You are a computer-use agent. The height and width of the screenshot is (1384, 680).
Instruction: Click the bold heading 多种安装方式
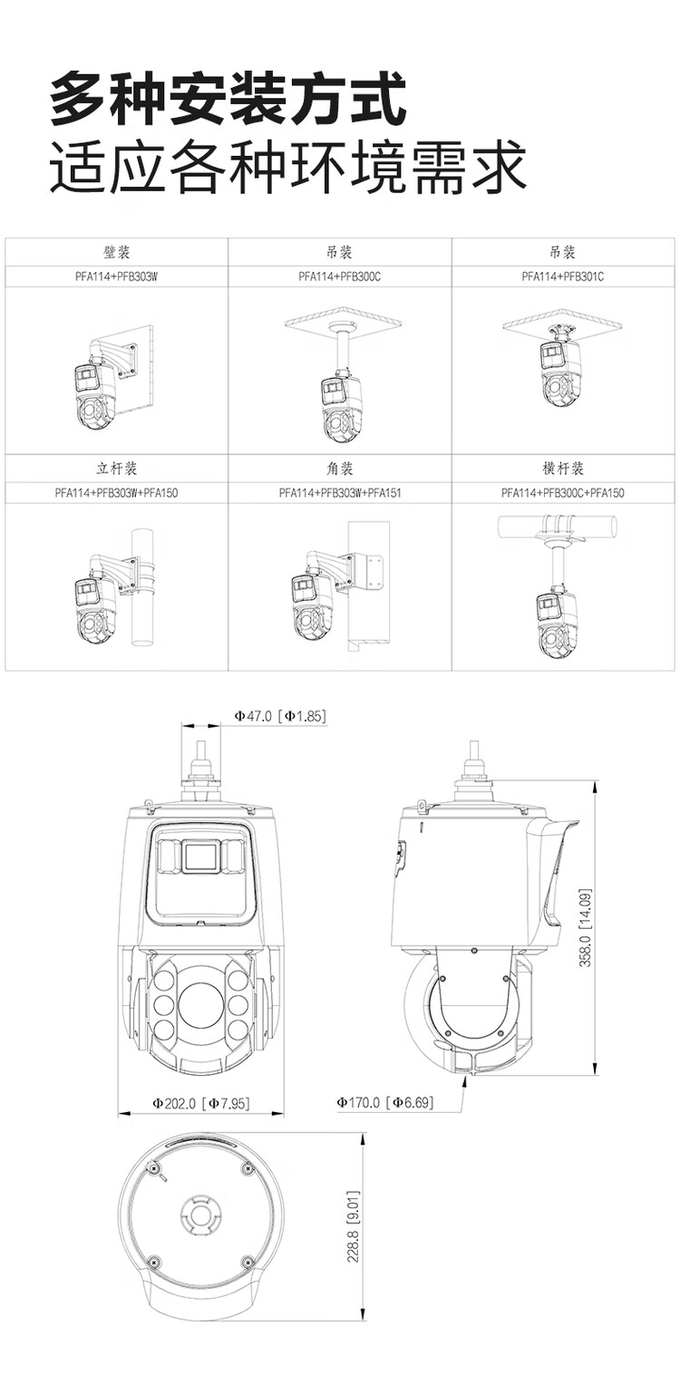click(228, 101)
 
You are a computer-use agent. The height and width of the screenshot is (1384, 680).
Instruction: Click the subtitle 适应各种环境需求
click(287, 167)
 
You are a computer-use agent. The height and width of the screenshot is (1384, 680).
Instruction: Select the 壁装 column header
click(117, 252)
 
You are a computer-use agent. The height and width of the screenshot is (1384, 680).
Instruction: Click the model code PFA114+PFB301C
click(562, 276)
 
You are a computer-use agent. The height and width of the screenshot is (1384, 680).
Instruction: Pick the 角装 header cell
click(339, 469)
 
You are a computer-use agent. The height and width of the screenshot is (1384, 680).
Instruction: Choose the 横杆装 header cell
click(562, 469)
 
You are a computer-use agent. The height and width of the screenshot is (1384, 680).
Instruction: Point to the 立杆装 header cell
click(117, 469)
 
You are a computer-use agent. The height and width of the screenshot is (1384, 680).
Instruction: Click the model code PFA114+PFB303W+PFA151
click(340, 494)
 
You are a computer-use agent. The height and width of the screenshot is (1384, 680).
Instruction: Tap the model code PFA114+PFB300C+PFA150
click(562, 494)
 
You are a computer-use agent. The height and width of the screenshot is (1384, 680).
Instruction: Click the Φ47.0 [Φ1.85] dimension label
click(279, 716)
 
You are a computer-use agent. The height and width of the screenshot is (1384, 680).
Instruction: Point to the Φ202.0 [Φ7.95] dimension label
click(200, 1103)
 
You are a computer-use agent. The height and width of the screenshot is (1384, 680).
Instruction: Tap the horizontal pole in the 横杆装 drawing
click(558, 527)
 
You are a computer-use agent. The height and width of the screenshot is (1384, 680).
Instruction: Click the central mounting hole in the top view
click(199, 1211)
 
